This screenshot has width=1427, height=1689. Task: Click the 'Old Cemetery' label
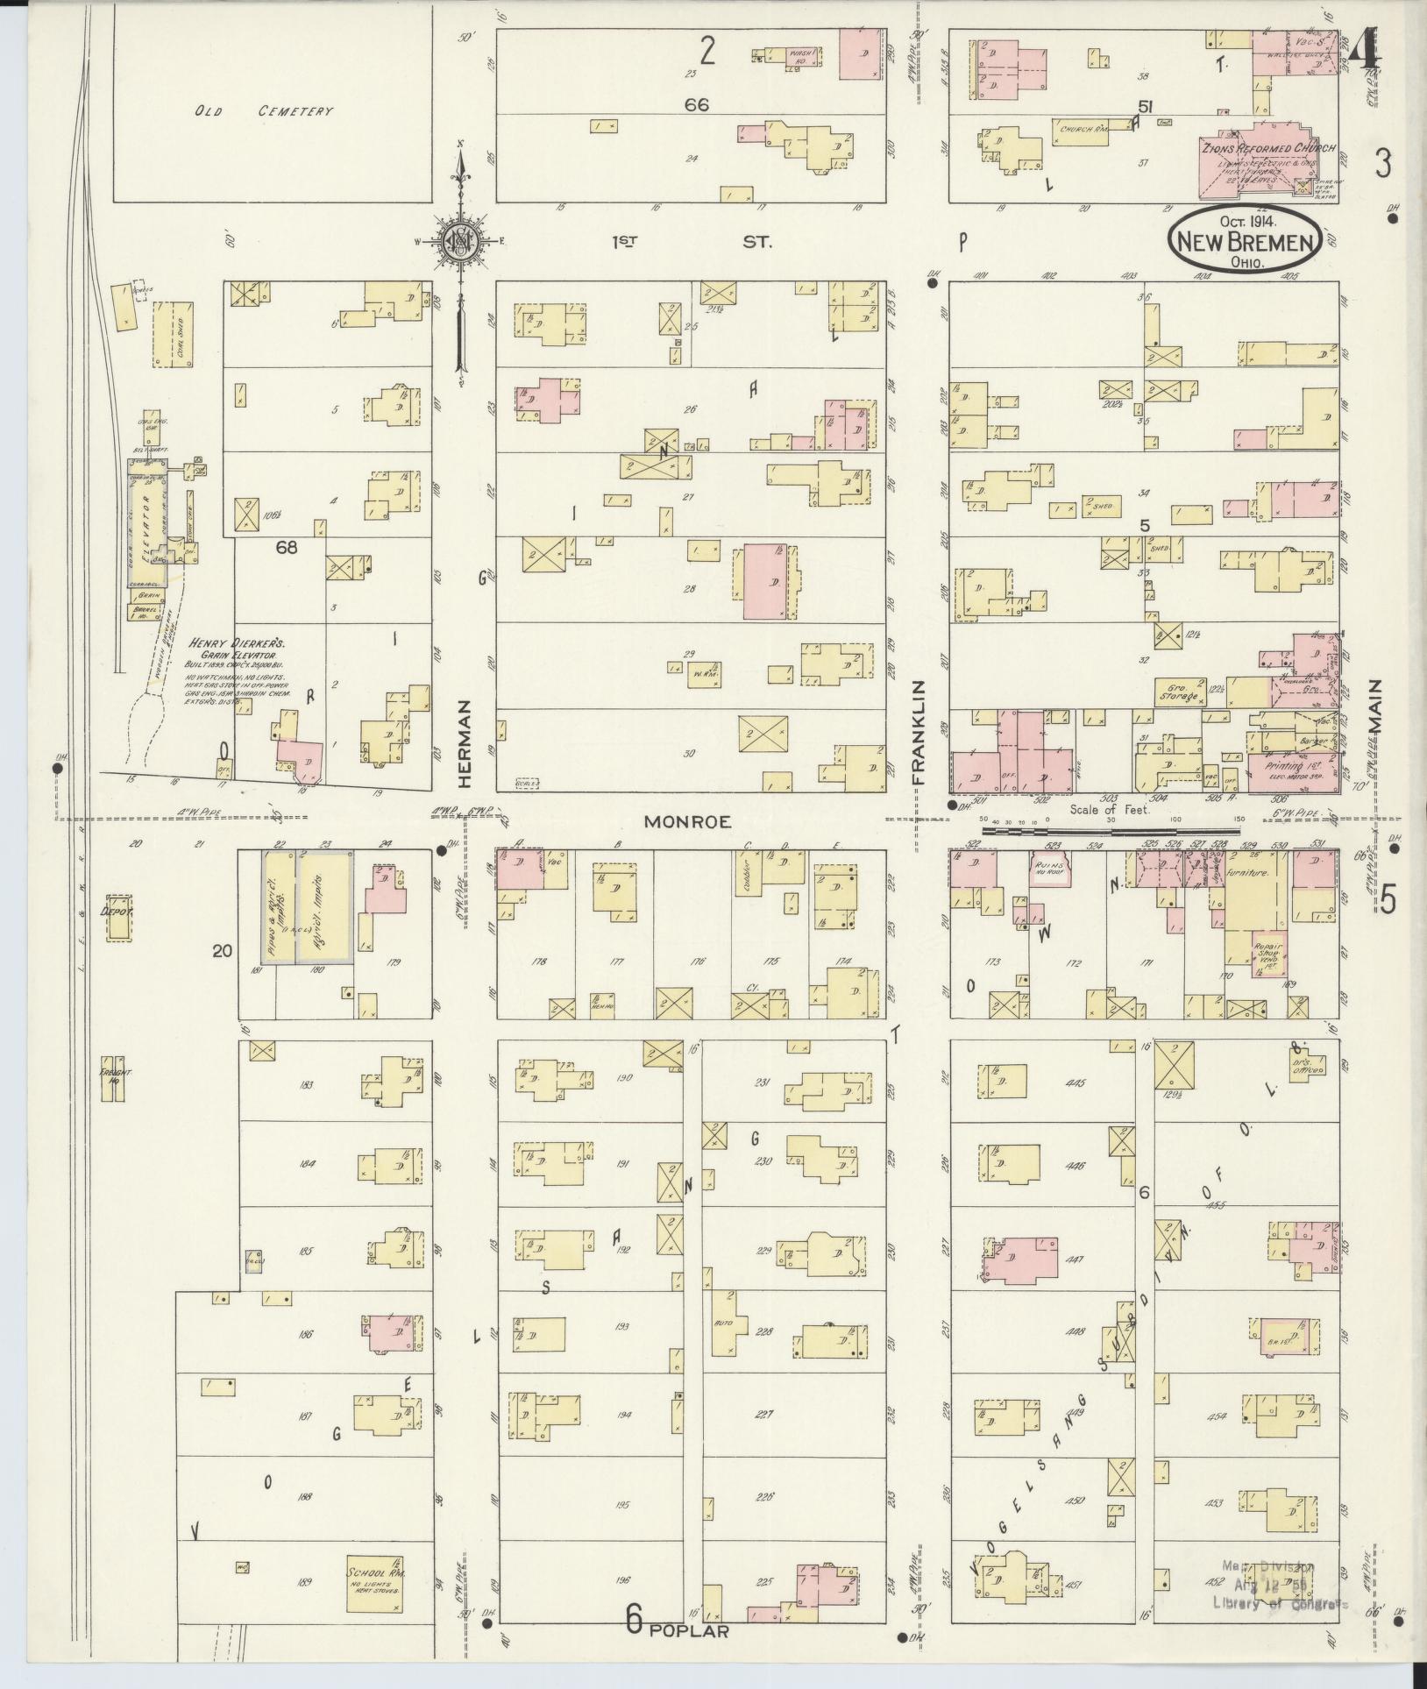pyautogui.click(x=265, y=112)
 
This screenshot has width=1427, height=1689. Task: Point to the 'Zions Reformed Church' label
pyautogui.click(x=1268, y=149)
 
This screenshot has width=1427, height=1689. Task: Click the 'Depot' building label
pyautogui.click(x=116, y=912)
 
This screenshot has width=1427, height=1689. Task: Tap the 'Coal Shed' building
pyautogui.click(x=173, y=334)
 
